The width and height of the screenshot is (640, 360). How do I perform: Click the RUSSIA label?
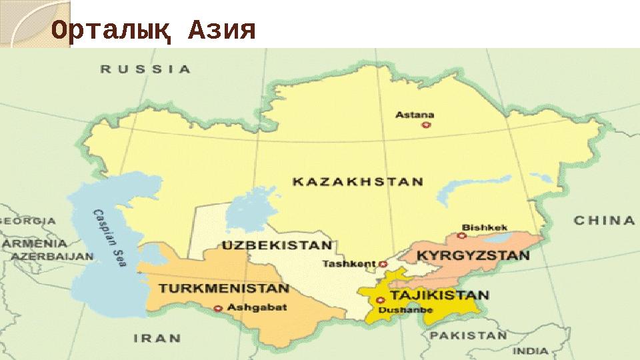145,69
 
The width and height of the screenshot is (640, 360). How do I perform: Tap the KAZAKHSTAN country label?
360,181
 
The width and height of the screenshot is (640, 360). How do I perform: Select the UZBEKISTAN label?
278,244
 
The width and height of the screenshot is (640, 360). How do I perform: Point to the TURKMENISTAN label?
223,290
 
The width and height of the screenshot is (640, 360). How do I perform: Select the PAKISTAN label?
468,335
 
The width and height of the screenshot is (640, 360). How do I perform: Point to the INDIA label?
531,351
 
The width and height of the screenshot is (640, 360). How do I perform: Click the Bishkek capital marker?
461,235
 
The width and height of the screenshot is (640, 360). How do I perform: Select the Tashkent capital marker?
383,264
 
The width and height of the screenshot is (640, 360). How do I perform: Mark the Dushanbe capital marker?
380,300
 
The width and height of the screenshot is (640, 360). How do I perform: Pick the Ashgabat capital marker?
218,308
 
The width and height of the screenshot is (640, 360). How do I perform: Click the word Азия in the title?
222,30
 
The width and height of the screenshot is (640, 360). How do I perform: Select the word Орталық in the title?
113,31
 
